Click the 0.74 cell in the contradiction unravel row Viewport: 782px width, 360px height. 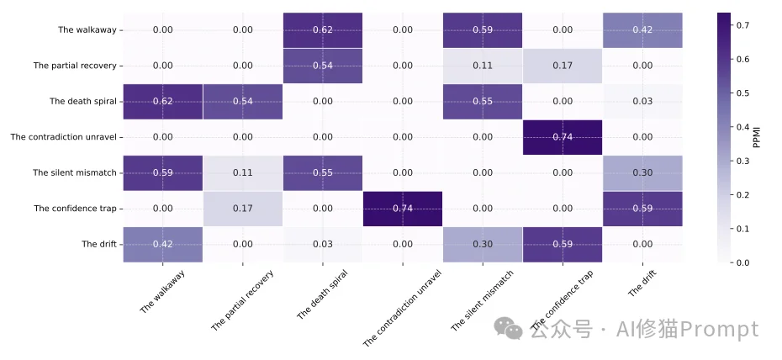coord(563,137)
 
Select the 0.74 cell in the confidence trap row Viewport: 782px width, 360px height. coord(403,209)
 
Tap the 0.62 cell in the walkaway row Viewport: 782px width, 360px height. coord(323,30)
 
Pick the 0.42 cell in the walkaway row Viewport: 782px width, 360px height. coord(642,30)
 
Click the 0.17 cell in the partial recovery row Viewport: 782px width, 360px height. coord(563,66)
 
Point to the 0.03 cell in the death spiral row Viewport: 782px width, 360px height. coord(642,102)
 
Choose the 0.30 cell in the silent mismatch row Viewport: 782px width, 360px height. coord(642,173)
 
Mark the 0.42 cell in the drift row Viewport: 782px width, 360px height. coord(163,245)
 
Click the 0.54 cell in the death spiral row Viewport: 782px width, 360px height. coord(243,102)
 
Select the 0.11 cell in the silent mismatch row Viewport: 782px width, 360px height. coord(243,173)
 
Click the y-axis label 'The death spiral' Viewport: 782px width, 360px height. coord(82,102)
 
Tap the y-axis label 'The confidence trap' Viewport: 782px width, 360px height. coord(75,209)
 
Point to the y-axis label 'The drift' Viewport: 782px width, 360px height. coord(98,245)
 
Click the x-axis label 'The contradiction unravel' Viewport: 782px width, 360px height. coord(403,307)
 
